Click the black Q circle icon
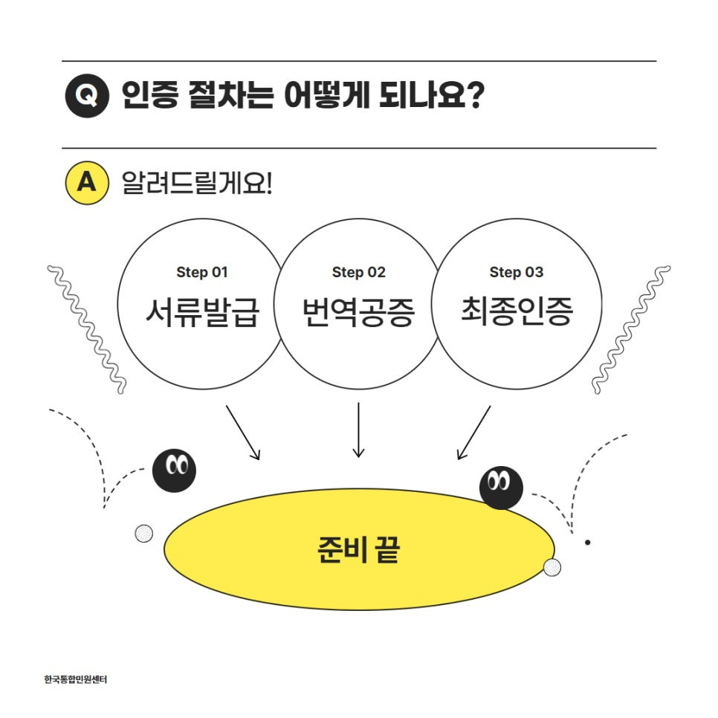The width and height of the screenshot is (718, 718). (x=87, y=97)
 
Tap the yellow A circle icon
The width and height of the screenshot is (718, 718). (x=87, y=183)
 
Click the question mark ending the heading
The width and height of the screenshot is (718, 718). (x=473, y=97)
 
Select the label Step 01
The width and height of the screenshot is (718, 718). (x=202, y=272)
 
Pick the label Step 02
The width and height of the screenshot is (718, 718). (x=359, y=272)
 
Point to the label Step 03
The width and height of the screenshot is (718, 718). (x=516, y=272)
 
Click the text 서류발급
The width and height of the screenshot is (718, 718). (x=202, y=312)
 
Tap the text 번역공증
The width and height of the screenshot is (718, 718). (x=359, y=312)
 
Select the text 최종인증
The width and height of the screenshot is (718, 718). (x=516, y=312)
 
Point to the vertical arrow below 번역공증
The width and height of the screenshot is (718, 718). (x=359, y=430)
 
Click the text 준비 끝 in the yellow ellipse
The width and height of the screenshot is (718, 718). (x=358, y=550)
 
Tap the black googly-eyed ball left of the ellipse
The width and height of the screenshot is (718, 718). (x=174, y=470)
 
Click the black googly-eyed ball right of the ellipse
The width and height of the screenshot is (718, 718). (x=501, y=488)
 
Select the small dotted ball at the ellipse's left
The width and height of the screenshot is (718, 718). (x=143, y=533)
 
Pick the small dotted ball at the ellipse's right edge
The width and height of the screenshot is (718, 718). (x=552, y=568)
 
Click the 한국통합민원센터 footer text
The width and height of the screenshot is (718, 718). (x=76, y=679)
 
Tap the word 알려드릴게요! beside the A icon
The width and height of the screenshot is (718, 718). (x=197, y=183)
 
